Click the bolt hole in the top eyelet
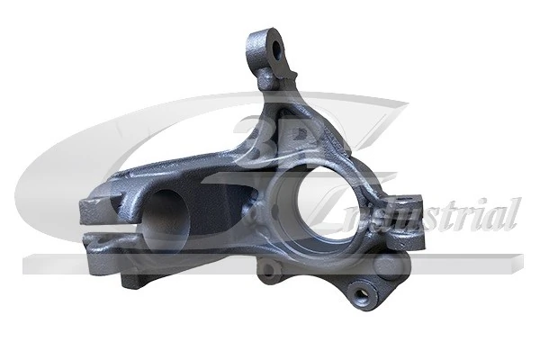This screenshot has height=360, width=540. [273, 47]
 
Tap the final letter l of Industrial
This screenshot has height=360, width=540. [513, 212]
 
